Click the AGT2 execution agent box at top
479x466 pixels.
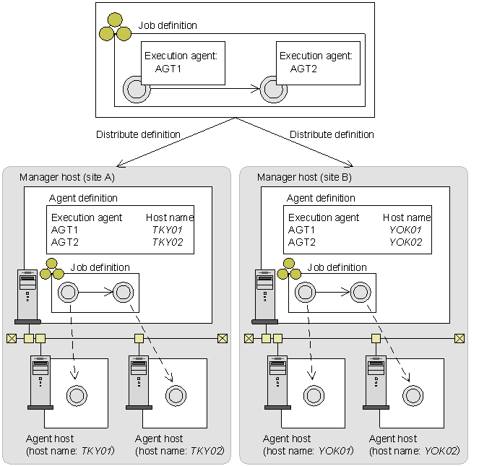pos(316,62)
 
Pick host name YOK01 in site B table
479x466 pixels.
pos(406,230)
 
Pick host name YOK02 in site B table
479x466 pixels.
pos(406,242)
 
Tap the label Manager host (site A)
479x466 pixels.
pos(67,177)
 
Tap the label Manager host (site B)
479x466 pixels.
pos(305,177)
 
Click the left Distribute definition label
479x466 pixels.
pos(138,134)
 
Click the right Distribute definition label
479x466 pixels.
pos(332,134)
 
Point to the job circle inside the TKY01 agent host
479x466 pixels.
pos(76,395)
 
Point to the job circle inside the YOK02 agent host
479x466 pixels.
pos(413,395)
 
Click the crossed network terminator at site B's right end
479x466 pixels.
pos(459,338)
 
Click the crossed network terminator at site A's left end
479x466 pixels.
pos(12,338)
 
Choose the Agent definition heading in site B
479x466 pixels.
pos(321,198)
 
